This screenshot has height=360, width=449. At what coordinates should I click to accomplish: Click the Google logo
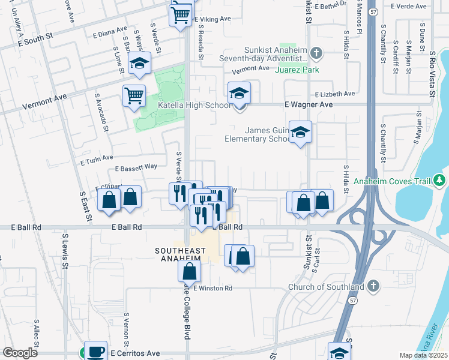[20, 353]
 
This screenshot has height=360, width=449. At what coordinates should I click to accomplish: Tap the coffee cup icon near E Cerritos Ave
[94, 350]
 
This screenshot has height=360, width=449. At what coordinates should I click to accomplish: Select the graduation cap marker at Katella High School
[239, 94]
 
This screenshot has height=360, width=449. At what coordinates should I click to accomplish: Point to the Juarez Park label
[297, 70]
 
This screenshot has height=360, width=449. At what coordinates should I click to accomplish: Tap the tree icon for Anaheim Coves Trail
[440, 179]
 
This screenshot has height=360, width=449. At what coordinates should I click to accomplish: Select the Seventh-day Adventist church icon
[317, 55]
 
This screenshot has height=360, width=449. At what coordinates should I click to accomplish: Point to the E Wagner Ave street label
[308, 104]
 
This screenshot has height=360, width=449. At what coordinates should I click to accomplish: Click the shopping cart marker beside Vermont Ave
[134, 95]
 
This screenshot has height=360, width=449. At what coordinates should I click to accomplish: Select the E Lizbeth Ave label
[335, 94]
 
